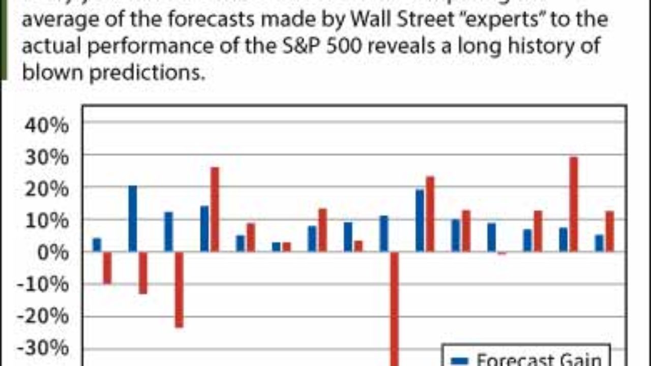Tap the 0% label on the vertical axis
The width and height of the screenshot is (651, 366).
point(53,253)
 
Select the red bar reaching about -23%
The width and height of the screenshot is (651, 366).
point(179,289)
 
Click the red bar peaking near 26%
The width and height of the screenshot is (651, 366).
point(215,209)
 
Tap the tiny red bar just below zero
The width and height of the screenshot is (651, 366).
point(502,253)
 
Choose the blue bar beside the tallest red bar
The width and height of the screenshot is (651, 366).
point(563,239)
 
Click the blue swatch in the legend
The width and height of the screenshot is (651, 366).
point(459,360)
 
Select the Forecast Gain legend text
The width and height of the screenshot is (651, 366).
point(539,360)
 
